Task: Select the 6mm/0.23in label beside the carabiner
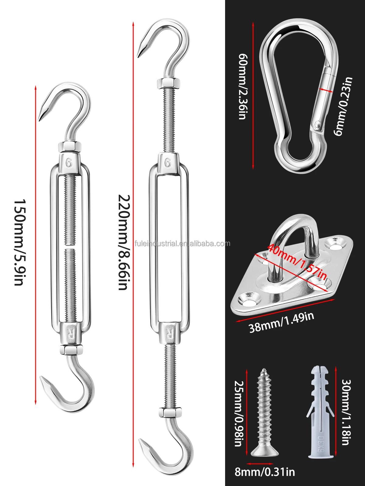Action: click(x=343, y=106)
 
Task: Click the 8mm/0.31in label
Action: click(x=265, y=472)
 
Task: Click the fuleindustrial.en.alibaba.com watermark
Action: click(x=182, y=244)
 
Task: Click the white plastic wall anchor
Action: click(x=321, y=411)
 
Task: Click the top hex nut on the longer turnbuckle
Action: click(x=169, y=83)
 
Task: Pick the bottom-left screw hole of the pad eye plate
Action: click(x=248, y=299)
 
